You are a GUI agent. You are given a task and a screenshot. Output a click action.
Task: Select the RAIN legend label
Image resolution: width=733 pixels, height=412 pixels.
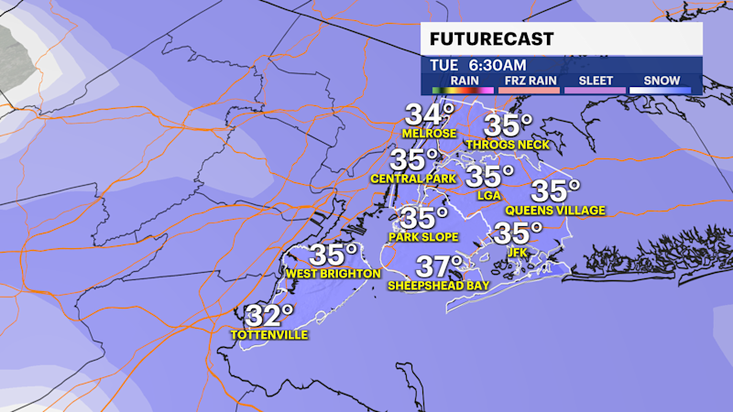[463, 81]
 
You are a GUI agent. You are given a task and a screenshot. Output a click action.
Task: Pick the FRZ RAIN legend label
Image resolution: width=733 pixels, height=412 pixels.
[530, 81]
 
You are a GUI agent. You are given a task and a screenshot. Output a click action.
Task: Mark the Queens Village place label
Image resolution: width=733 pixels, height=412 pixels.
[555, 211]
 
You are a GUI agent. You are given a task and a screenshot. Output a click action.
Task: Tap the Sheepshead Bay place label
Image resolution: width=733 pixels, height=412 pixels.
[438, 286]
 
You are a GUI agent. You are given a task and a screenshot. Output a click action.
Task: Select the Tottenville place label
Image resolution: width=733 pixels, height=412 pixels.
[270, 335]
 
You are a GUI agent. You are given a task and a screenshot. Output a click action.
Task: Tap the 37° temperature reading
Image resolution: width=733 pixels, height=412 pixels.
[439, 267]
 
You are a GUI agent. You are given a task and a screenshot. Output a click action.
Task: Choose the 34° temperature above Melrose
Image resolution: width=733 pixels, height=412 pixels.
[430, 115]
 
